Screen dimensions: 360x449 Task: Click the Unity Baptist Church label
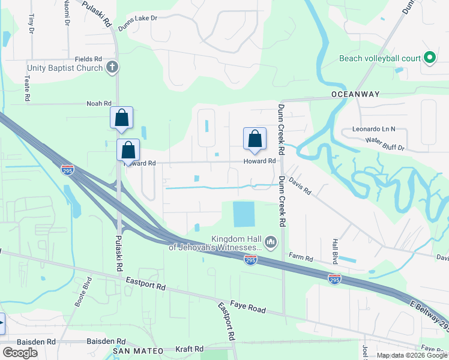64,68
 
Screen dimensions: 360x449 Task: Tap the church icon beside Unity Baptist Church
112,68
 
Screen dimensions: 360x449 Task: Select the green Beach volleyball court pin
429,58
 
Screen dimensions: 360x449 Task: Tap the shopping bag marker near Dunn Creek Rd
255,139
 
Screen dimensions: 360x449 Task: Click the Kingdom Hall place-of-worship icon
271,242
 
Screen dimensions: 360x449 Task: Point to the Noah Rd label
99,103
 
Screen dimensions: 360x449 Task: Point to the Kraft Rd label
189,349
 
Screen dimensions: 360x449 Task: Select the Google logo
20,353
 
